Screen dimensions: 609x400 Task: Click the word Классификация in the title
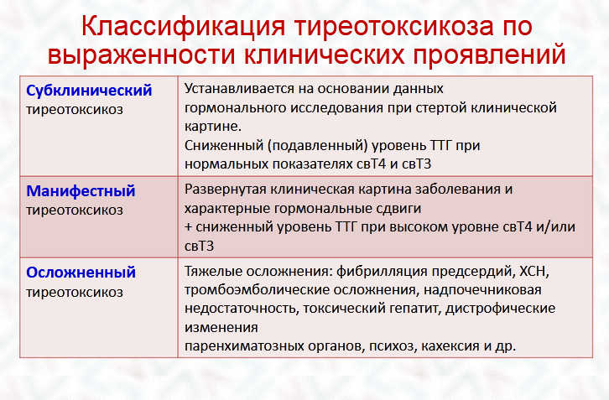point(184,27)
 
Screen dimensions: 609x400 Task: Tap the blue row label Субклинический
point(89,91)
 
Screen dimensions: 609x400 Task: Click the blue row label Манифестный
point(81,191)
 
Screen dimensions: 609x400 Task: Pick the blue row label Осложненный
point(81,273)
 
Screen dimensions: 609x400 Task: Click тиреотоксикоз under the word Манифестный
point(75,210)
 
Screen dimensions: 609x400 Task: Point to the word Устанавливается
point(240,89)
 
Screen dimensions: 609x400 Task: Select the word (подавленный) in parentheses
point(317,146)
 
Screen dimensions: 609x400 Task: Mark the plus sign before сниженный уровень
point(189,227)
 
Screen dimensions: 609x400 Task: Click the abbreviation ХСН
point(534,272)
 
